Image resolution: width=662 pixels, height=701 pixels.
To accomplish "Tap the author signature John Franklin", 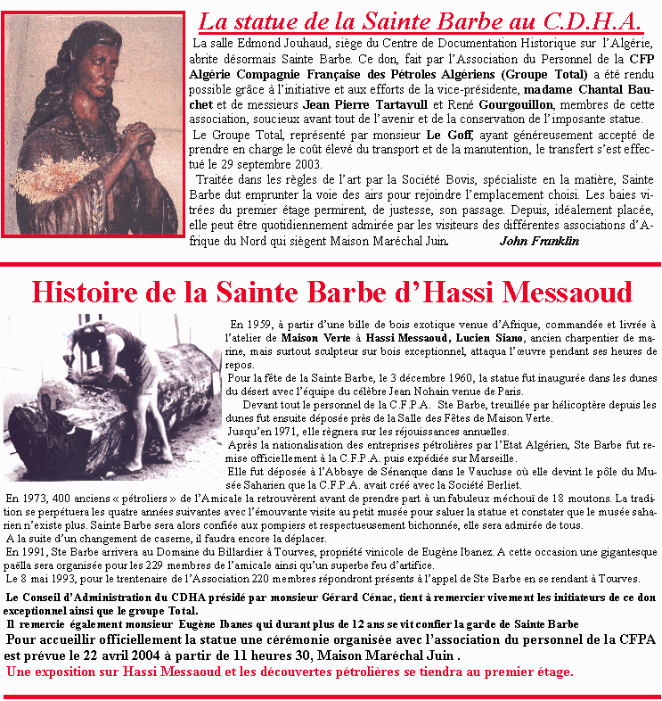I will (539, 241).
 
